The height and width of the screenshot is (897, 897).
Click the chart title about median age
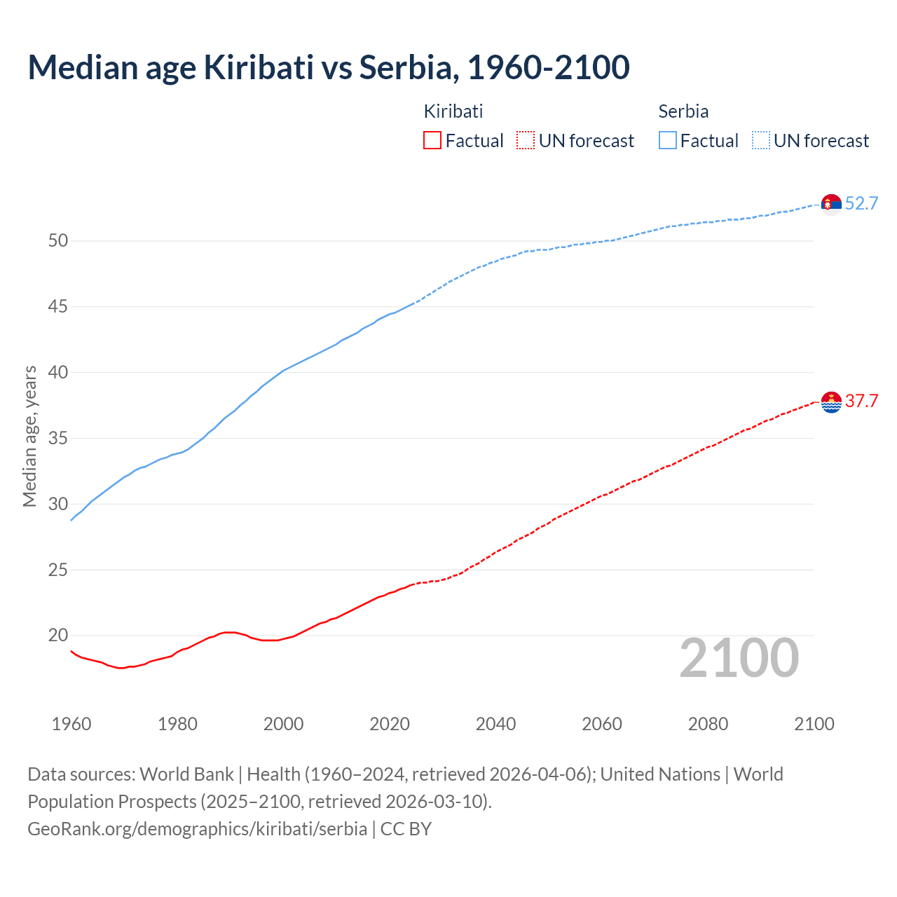coord(328,67)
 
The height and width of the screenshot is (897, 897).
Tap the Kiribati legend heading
coord(453,111)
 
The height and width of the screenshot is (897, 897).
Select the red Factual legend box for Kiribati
coord(432,141)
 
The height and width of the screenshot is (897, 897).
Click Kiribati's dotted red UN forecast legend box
coord(526,141)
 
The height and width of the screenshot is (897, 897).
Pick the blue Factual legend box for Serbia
coord(668,141)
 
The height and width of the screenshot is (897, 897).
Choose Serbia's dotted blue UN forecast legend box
coord(760,141)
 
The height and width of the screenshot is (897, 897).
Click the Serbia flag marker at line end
coord(831,204)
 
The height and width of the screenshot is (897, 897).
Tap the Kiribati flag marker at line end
coord(831,402)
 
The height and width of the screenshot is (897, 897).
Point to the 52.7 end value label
coord(861,204)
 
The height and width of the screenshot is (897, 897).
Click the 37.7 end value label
coord(861,402)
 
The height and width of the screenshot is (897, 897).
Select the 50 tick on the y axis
coord(58,241)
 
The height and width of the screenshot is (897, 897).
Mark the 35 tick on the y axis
coord(58,439)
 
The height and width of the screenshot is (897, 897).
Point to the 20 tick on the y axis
coord(58,636)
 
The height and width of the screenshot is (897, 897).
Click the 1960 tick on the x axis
coord(71,724)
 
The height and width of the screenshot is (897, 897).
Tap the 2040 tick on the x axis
coord(495,724)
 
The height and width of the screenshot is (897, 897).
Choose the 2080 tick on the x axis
coord(708,724)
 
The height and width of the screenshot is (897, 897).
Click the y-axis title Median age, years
coord(29,436)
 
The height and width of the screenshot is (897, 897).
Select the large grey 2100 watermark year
coord(739,658)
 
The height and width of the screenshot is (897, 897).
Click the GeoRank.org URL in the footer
coord(197,829)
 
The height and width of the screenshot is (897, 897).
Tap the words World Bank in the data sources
coord(186,774)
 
